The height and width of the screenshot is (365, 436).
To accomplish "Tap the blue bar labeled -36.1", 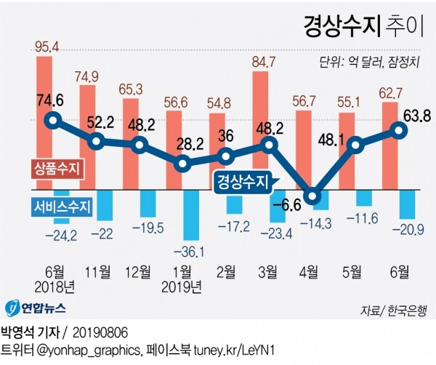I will (x=192, y=214).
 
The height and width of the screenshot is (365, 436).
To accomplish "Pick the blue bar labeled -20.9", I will (x=408, y=204).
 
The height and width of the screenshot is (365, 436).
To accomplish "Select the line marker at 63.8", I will (x=399, y=130).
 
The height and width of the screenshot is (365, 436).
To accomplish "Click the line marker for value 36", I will (x=226, y=155).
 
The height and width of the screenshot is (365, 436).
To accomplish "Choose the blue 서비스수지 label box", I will (x=62, y=206).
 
